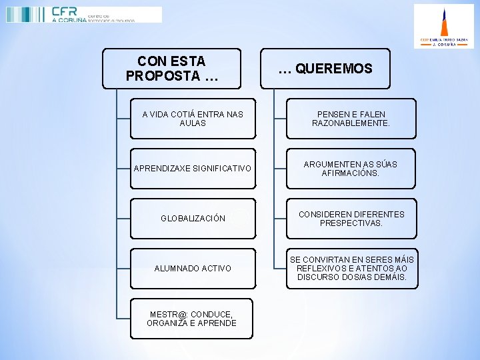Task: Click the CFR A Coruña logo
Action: (x=83, y=15)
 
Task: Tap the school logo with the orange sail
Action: (x=443, y=26)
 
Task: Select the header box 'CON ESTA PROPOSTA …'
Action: (x=171, y=69)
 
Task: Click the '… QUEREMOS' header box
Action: (x=325, y=69)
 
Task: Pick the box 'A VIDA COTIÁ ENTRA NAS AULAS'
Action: (x=193, y=119)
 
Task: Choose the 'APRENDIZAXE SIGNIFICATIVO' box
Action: (x=193, y=169)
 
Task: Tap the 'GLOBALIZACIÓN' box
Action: (x=193, y=219)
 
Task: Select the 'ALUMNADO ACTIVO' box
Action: (x=193, y=269)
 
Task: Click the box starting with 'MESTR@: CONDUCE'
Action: (x=191, y=319)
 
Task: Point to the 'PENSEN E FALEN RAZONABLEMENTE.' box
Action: (x=351, y=119)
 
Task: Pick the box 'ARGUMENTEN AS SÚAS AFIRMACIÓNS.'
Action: (x=351, y=169)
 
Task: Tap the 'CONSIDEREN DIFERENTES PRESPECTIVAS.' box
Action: (x=351, y=219)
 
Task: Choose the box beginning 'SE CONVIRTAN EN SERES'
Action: (x=351, y=269)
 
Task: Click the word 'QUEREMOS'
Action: (x=333, y=69)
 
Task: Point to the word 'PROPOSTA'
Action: (x=163, y=76)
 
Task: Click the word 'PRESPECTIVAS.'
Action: (x=351, y=223)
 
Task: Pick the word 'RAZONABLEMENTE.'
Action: (x=351, y=123)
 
